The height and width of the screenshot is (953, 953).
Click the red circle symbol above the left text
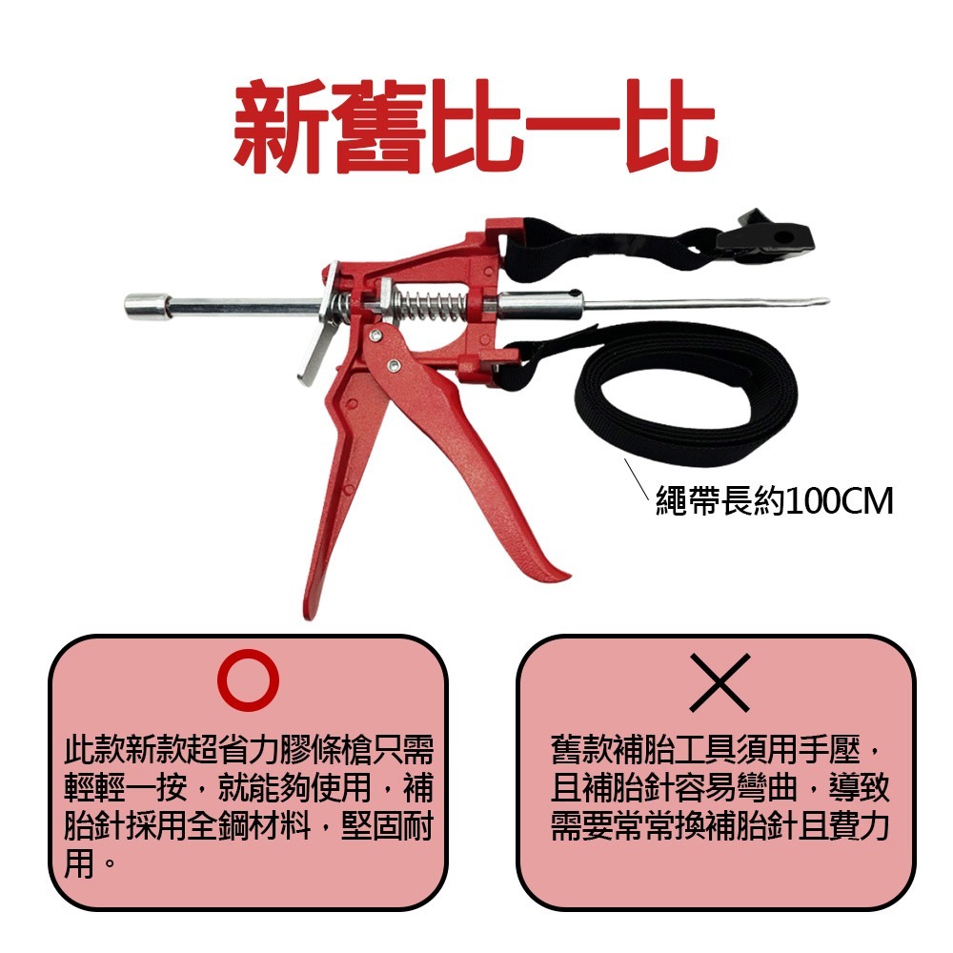(x=249, y=679)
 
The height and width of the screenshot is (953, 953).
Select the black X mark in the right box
(x=719, y=682)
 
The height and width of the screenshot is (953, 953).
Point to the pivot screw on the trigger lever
(x=393, y=364)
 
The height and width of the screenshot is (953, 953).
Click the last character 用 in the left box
(x=79, y=865)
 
